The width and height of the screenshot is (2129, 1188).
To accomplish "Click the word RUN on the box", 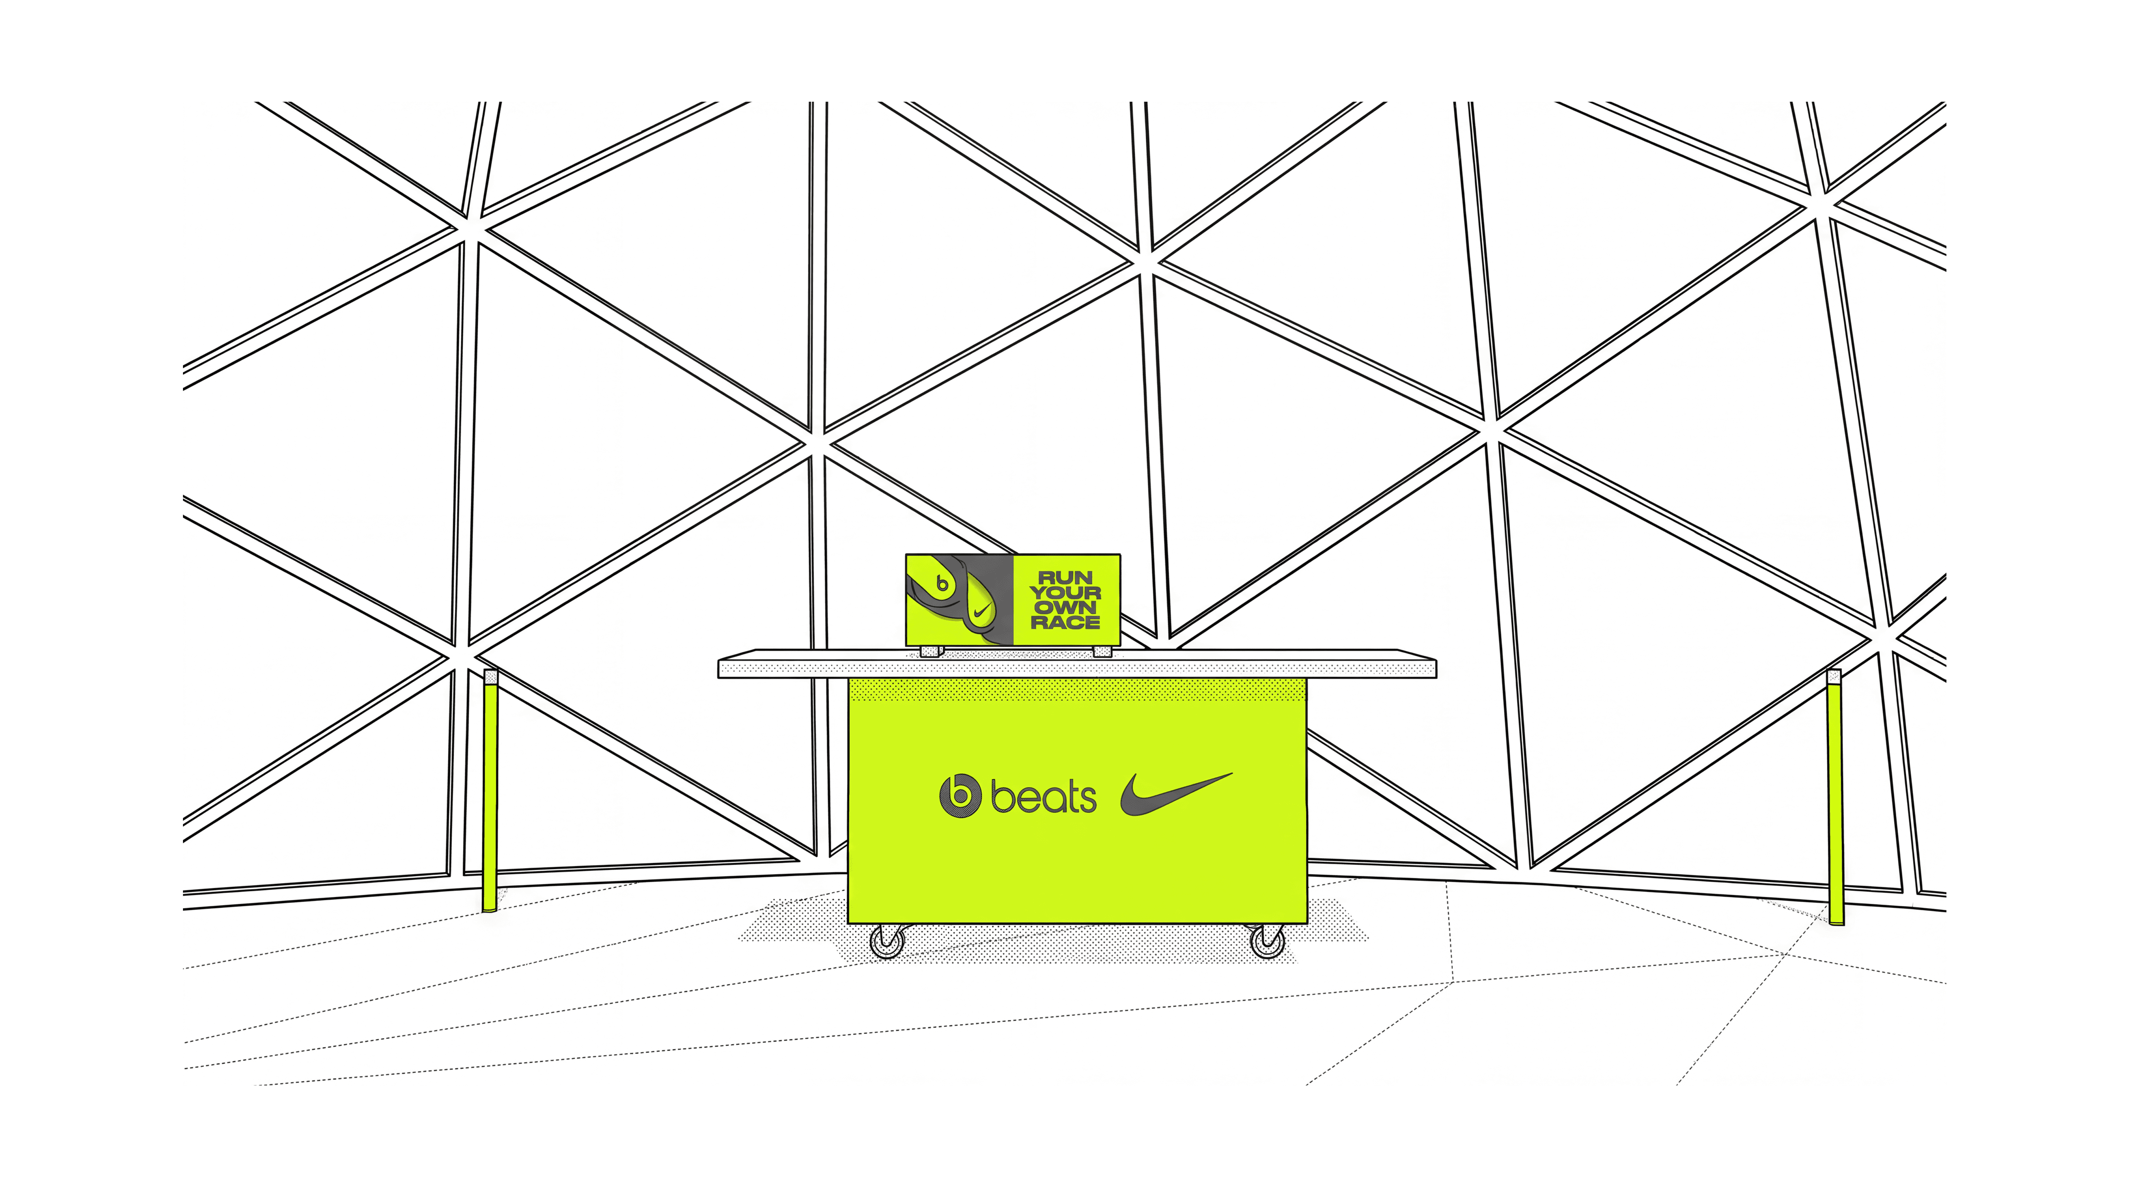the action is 1065,577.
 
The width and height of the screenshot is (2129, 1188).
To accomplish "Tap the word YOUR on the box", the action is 1065,592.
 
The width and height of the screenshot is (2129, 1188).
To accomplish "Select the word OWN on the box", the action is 1065,607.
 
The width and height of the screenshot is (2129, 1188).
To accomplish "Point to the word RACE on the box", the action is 1065,622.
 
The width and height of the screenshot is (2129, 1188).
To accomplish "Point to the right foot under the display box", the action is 1102,651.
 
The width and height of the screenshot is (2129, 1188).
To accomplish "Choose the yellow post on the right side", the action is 1835,801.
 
